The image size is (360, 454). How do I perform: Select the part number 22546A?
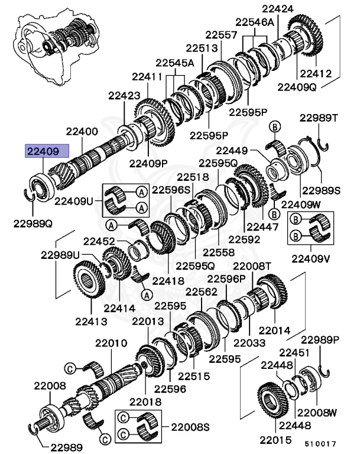point(255,22)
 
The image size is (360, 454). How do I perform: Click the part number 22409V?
point(310,258)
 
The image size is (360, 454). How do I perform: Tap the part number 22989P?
point(320,339)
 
